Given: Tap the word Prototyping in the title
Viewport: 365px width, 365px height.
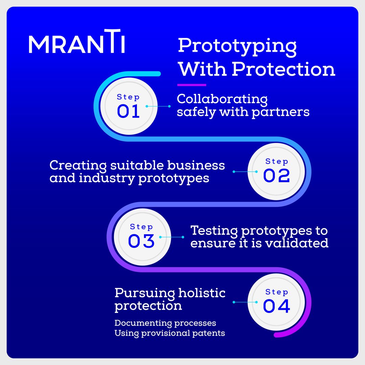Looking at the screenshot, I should coord(237,46).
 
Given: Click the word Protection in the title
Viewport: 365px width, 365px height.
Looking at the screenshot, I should coord(283,69).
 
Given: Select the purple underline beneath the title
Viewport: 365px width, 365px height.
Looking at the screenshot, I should coord(192,85).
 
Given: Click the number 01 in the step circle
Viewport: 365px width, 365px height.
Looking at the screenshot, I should coord(128,112).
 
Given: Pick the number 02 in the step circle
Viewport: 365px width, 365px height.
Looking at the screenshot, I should coord(276,176).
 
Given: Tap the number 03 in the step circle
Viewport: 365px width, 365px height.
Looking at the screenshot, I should coord(141,241).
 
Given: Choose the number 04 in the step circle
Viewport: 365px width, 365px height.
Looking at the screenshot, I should coord(276,306).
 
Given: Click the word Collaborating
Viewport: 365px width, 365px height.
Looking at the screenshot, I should coord(222,99).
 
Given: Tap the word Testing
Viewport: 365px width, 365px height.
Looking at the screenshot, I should coord(214,231).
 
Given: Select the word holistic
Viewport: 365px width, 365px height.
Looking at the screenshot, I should coord(202,293).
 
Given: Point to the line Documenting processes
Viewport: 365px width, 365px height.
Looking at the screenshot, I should coord(165,323).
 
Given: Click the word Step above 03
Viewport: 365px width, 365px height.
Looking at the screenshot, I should coord(141,226).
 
